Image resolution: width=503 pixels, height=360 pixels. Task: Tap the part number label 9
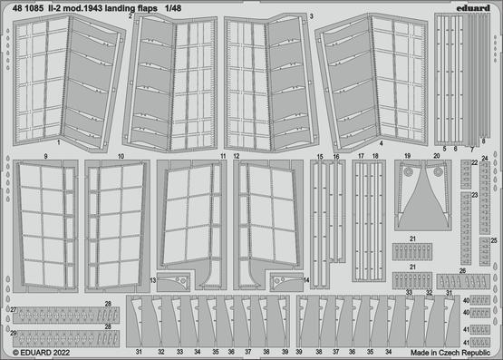pyautogui.click(x=44, y=157)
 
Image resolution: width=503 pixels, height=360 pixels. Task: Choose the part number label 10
pyautogui.click(x=120, y=157)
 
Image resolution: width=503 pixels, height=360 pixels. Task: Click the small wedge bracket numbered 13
pyautogui.click(x=181, y=281)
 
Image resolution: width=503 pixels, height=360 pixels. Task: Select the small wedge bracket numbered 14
pyautogui.click(x=279, y=281)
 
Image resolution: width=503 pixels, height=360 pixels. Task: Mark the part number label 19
pyautogui.click(x=408, y=157)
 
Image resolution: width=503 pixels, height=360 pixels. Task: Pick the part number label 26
pyautogui.click(x=462, y=270)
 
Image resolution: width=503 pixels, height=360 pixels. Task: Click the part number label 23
pyautogui.click(x=475, y=195)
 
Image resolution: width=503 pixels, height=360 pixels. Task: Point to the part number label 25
pyautogui.click(x=495, y=240)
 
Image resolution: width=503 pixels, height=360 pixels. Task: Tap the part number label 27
pyautogui.click(x=14, y=310)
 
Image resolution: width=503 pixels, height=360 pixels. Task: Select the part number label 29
pyautogui.click(x=14, y=334)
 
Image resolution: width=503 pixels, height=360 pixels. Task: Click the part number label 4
pyautogui.click(x=381, y=143)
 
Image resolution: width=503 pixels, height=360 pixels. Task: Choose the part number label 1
pyautogui.click(x=57, y=143)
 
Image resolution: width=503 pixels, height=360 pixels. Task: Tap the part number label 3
pyautogui.click(x=311, y=16)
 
